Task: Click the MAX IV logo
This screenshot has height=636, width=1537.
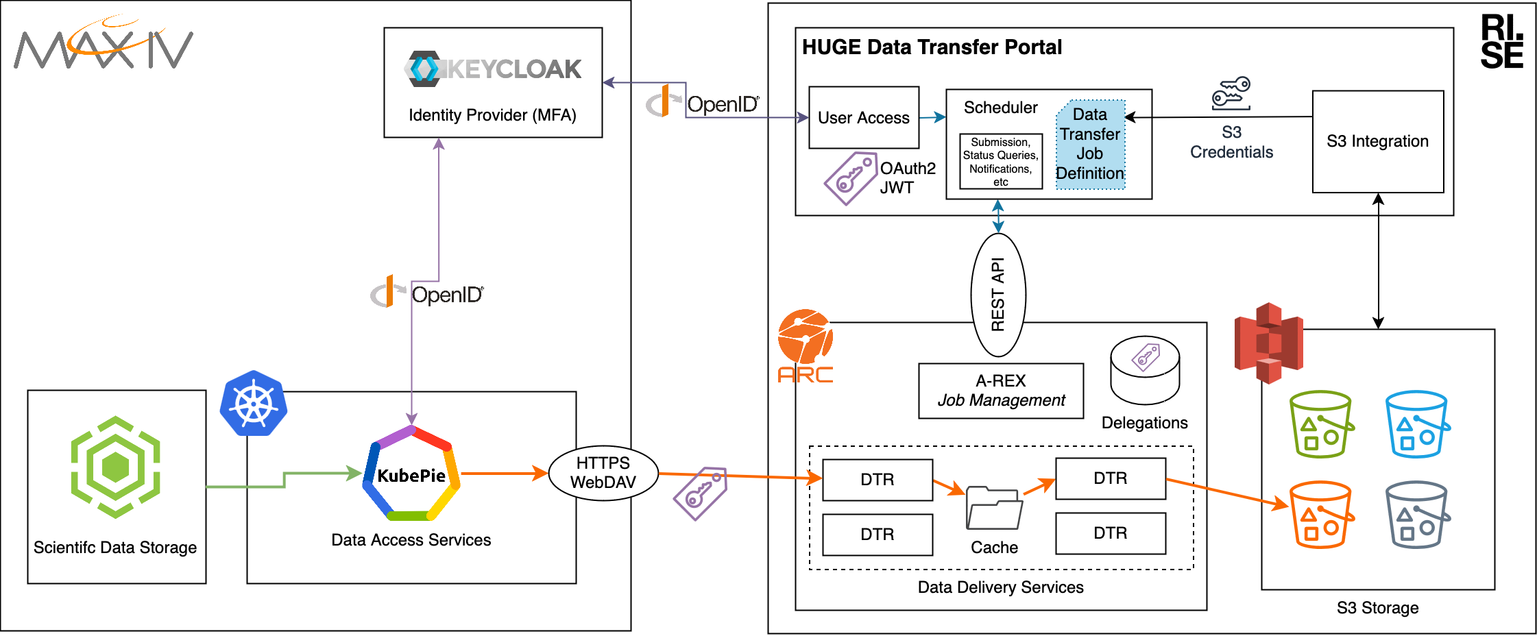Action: point(103,45)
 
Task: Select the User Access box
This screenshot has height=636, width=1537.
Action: point(863,117)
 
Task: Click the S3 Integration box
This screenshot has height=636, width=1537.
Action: point(1377,141)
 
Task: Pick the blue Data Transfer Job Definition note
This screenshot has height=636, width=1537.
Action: point(1090,144)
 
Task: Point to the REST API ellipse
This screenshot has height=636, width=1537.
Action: point(998,295)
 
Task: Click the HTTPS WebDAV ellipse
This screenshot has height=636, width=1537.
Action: point(603,473)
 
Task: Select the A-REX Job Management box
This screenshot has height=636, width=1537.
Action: point(1001,391)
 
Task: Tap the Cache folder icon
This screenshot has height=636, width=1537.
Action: point(994,509)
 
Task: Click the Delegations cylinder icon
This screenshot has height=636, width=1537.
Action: point(1145,370)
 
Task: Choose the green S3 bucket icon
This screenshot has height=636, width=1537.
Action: point(1321,424)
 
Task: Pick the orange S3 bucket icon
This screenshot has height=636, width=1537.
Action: point(1321,515)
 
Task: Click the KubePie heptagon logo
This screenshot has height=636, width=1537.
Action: point(411,474)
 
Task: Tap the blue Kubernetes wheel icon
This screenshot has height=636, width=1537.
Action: point(253,404)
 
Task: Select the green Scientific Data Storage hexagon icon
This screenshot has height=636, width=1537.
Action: point(115,467)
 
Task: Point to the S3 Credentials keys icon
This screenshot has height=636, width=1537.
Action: point(1231,94)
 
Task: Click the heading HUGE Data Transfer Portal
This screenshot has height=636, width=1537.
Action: point(932,47)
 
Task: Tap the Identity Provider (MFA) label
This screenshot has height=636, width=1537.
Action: point(492,115)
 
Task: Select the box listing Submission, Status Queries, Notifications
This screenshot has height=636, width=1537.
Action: point(1000,162)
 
